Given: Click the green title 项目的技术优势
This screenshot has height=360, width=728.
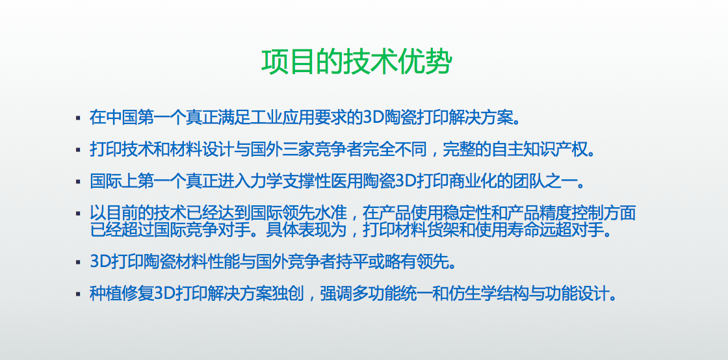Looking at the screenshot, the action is point(356,62).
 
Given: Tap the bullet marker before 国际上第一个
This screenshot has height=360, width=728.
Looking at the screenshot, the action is point(78,181).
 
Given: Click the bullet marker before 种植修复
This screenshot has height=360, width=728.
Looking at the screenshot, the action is point(78,294).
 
